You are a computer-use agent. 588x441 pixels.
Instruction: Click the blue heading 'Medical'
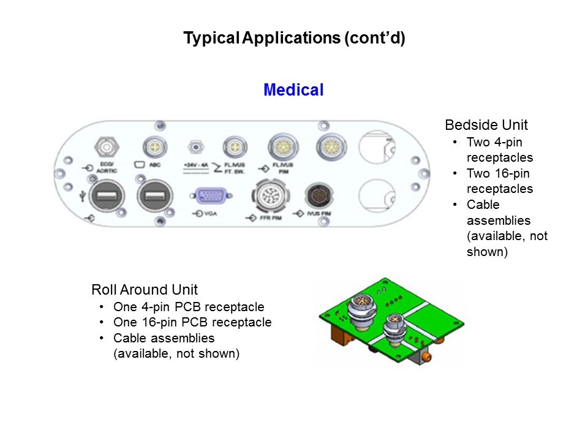(293, 90)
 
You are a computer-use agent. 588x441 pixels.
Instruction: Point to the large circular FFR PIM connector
(268, 197)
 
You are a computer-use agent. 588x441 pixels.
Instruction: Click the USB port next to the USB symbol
(104, 197)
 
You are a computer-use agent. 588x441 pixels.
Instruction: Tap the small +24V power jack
(195, 147)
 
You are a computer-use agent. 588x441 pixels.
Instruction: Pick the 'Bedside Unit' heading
(486, 125)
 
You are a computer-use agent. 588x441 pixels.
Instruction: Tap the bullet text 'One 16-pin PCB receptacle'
(192, 322)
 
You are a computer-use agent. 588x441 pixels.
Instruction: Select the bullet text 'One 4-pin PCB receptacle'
(189, 307)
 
